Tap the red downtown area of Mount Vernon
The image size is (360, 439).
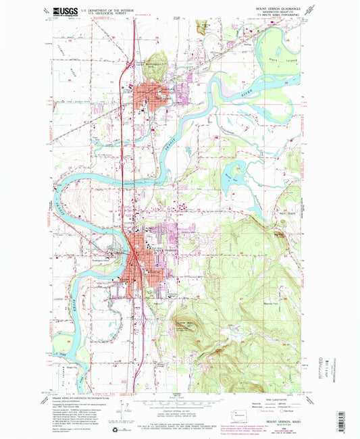coord(139,260)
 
